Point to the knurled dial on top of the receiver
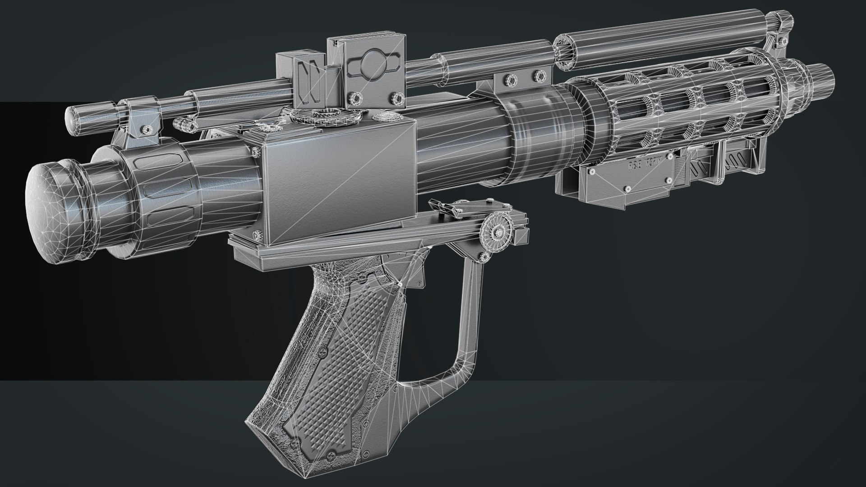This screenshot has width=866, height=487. pos(325,115)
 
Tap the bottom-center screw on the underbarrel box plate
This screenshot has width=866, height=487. pos(627,188)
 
